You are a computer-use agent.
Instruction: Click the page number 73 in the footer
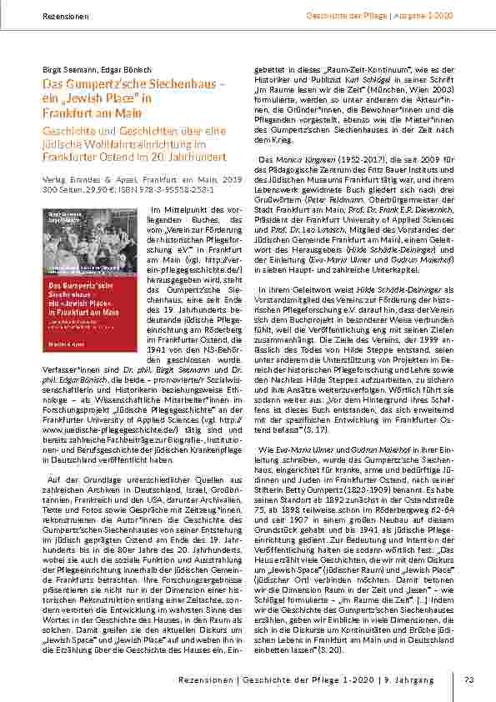tap(468, 679)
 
